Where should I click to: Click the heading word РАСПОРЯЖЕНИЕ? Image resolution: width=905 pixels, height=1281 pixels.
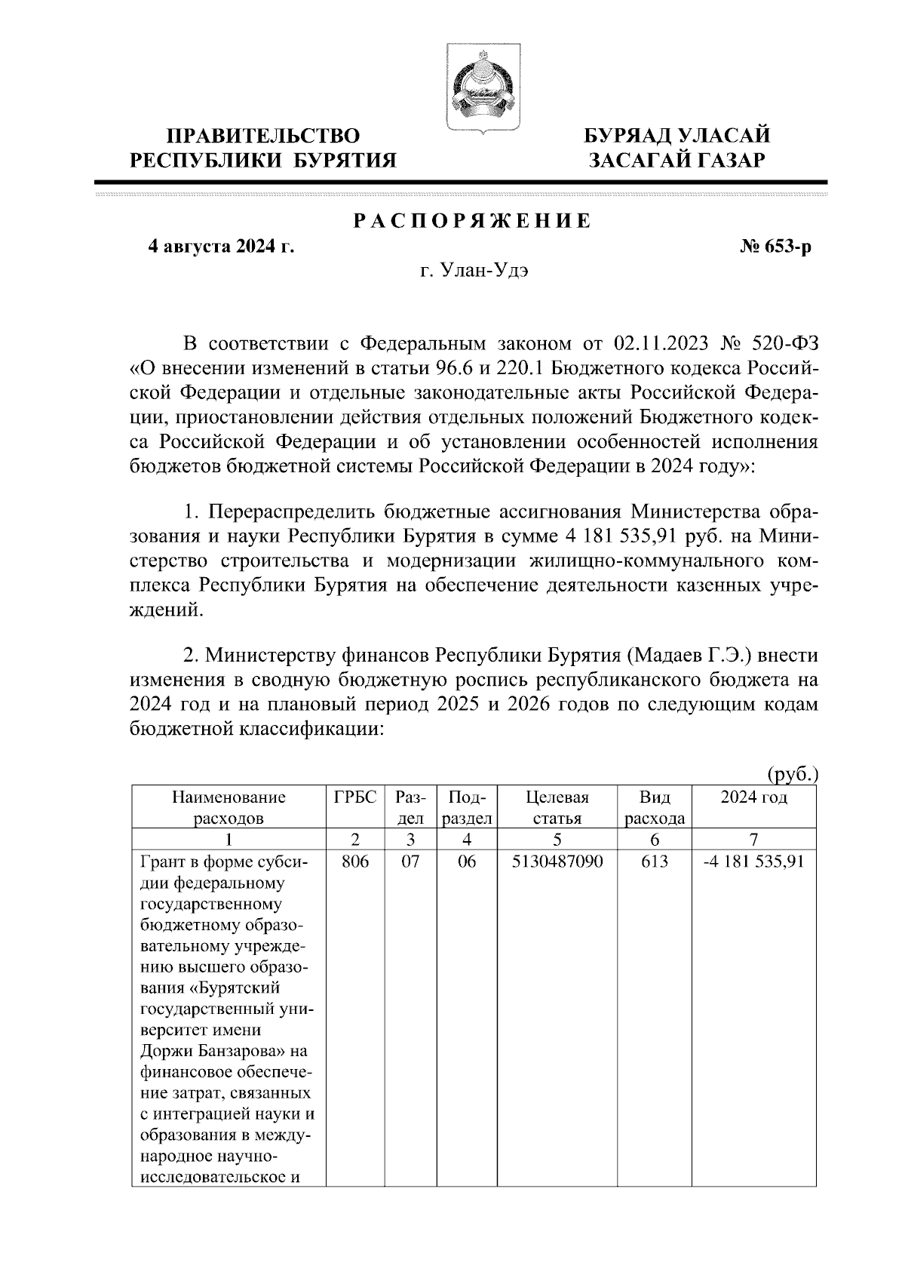(472, 221)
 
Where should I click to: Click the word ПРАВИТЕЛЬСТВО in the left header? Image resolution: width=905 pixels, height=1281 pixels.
(263, 137)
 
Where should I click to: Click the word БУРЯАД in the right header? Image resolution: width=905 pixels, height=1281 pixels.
(630, 137)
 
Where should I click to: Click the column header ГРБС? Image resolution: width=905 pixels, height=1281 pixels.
(354, 797)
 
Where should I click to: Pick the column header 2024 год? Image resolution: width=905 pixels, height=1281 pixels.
(753, 797)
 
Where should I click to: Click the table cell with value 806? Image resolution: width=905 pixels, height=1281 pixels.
(354, 862)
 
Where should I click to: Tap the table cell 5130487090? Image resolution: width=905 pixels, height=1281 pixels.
(557, 862)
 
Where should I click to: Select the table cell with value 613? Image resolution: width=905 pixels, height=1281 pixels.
(654, 862)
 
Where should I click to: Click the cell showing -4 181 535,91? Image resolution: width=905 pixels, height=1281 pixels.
(753, 862)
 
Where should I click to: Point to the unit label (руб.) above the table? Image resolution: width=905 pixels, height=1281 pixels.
(792, 774)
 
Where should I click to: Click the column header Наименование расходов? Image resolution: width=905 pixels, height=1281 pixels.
(229, 807)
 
